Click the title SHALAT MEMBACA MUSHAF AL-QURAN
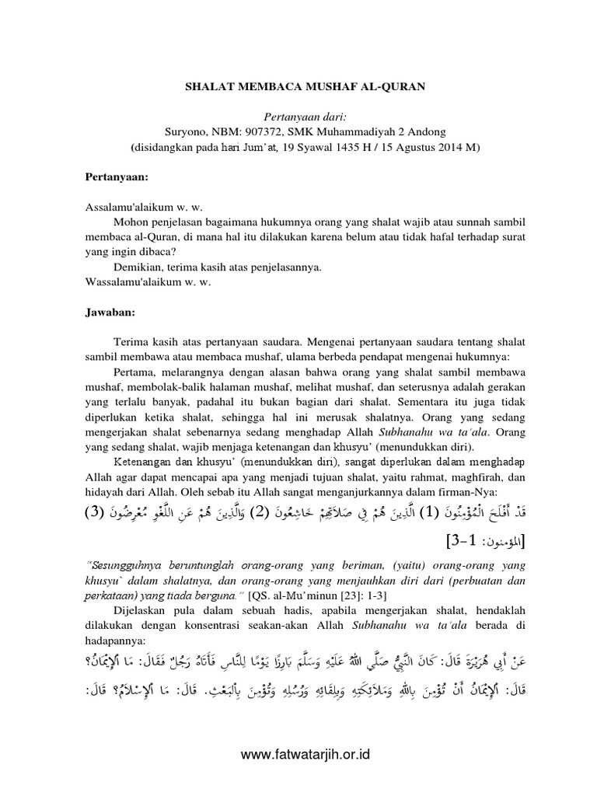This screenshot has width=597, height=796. click(x=298, y=89)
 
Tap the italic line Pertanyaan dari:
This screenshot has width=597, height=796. click(x=298, y=116)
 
